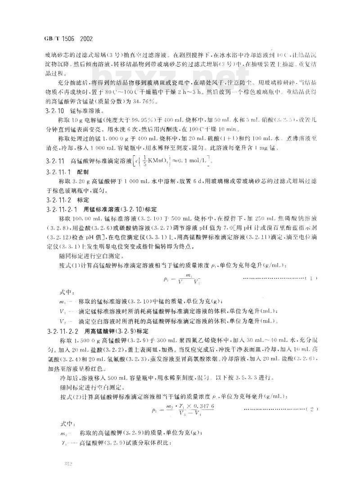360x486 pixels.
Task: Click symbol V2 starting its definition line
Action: [63, 321]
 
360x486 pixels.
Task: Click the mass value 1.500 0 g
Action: [88, 339]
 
